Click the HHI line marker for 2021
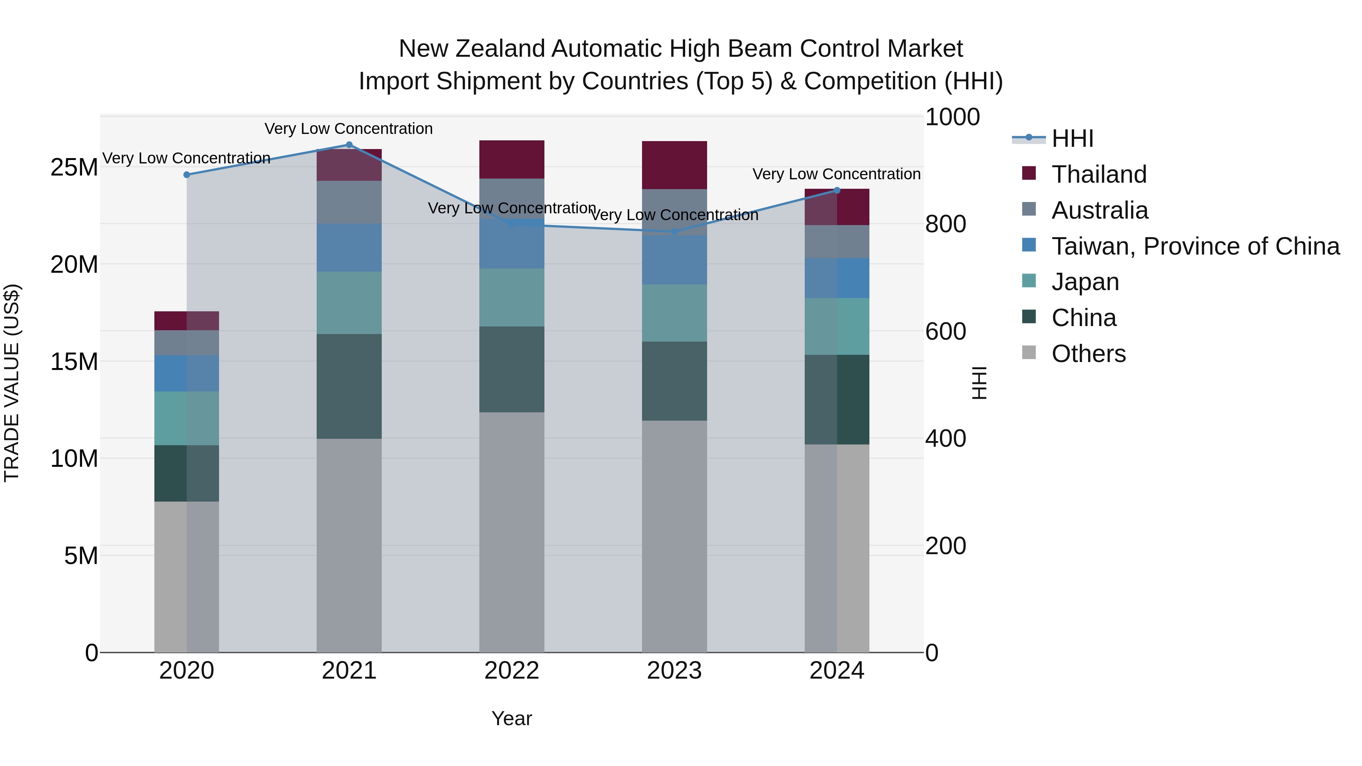coord(349,145)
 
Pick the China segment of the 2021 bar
coord(349,386)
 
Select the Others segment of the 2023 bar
coord(674,536)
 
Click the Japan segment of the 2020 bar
coord(187,418)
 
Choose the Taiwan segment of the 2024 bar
coord(836,278)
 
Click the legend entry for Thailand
coord(1099,174)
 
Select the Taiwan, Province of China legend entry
coord(1195,246)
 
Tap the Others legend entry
coord(1088,354)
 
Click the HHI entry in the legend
coord(1072,138)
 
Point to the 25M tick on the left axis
coord(74,168)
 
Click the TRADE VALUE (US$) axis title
coord(12,383)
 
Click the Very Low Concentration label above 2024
coord(836,174)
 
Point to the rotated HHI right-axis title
coord(979,383)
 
